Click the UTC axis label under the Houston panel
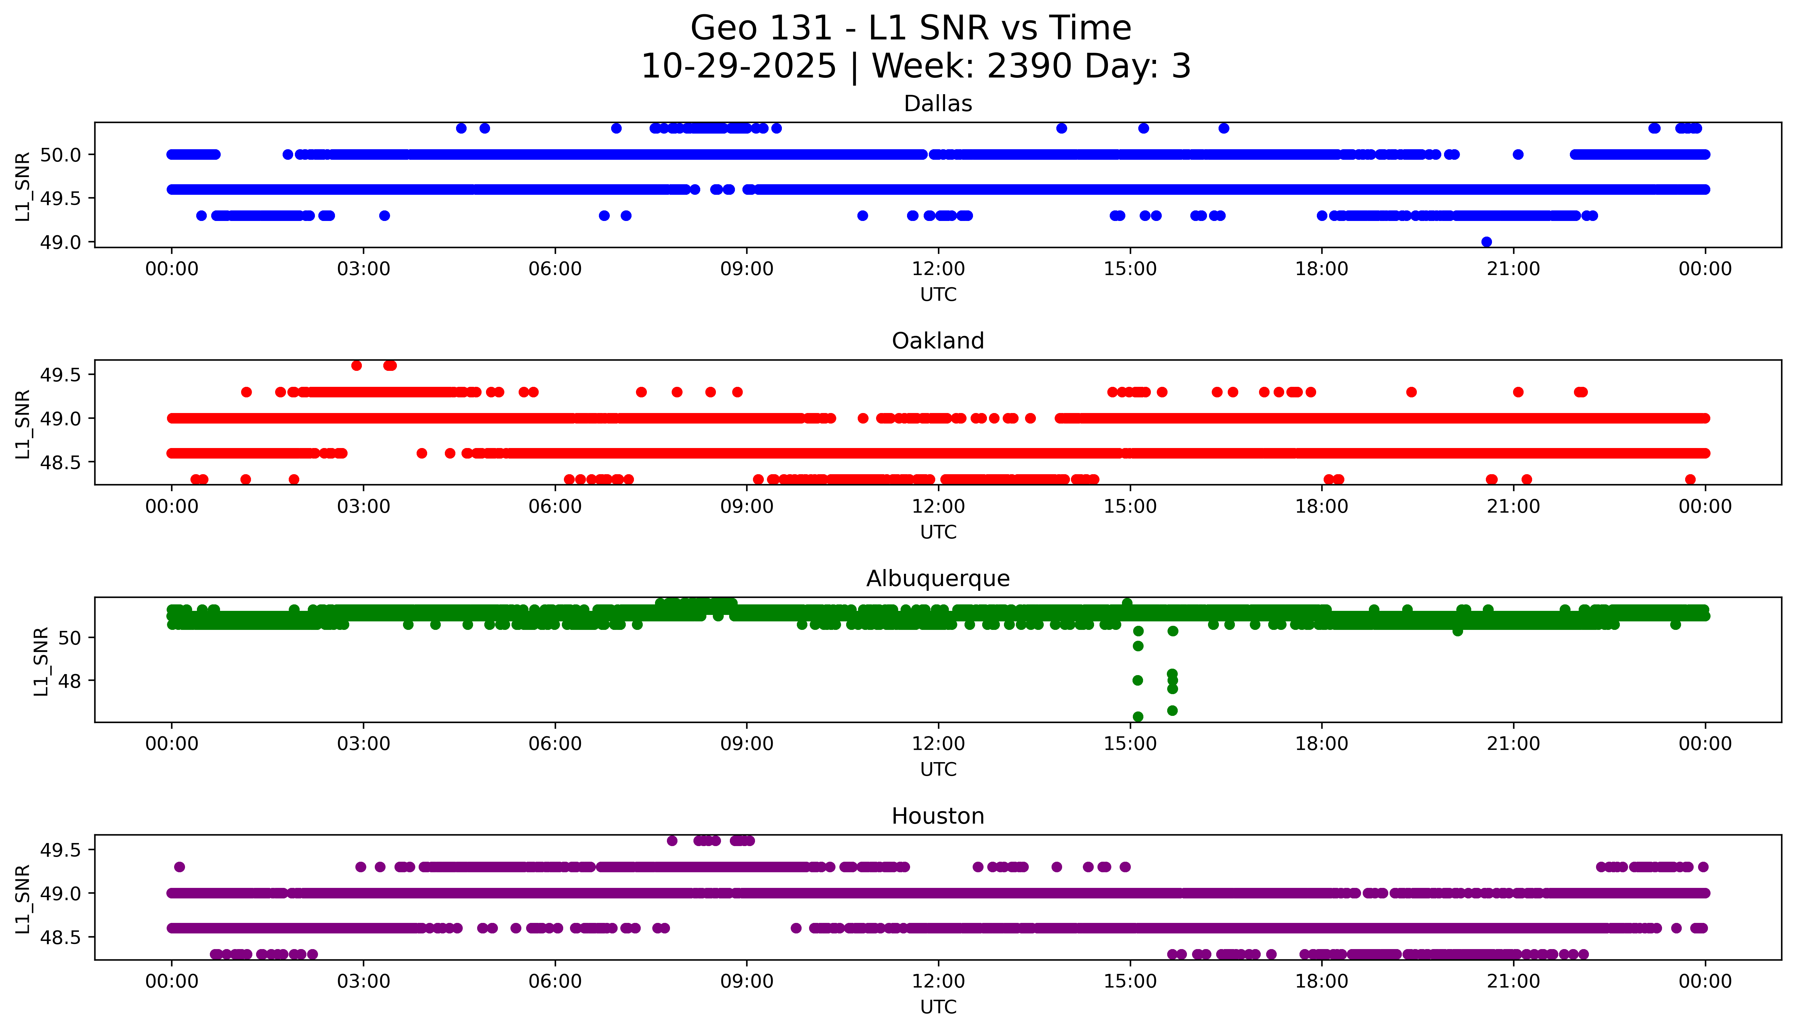938,1006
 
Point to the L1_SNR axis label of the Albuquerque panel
41,661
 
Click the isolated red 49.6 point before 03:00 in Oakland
356,365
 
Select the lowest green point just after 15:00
1138,717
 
